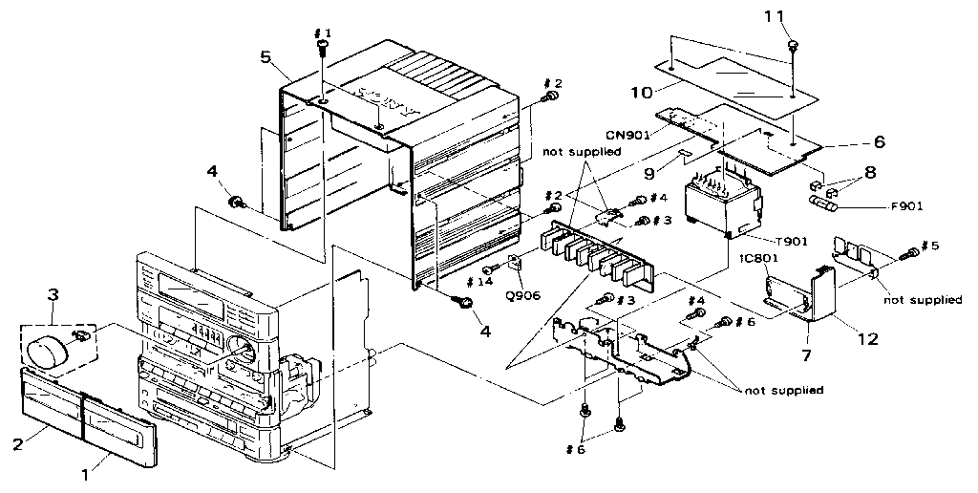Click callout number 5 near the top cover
[266, 55]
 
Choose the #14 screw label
[481, 282]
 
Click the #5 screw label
[928, 246]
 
